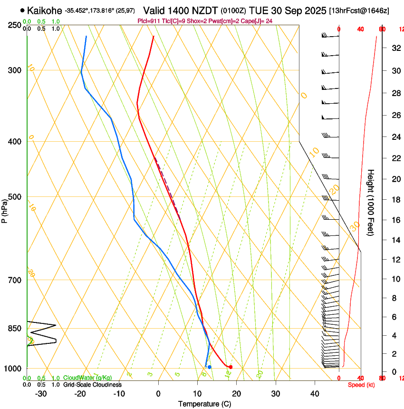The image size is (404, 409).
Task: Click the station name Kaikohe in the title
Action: (45, 10)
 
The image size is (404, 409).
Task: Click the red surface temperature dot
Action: (231, 367)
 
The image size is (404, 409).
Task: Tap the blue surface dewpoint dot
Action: (209, 367)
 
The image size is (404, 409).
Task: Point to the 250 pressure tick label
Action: (14, 25)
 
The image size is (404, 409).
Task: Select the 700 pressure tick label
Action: (14, 280)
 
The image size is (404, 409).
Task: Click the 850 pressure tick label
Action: (14, 329)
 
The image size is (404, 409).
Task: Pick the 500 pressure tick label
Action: (14, 197)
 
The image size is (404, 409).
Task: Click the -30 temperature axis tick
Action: (41, 394)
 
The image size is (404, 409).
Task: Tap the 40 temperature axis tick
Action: (315, 394)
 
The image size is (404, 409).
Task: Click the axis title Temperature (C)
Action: (204, 404)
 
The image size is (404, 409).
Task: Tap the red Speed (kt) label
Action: (361, 385)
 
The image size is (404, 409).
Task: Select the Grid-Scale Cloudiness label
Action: (92, 384)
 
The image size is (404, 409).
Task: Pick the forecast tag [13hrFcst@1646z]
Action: (358, 10)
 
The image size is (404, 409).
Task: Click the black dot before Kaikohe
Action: (22, 10)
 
